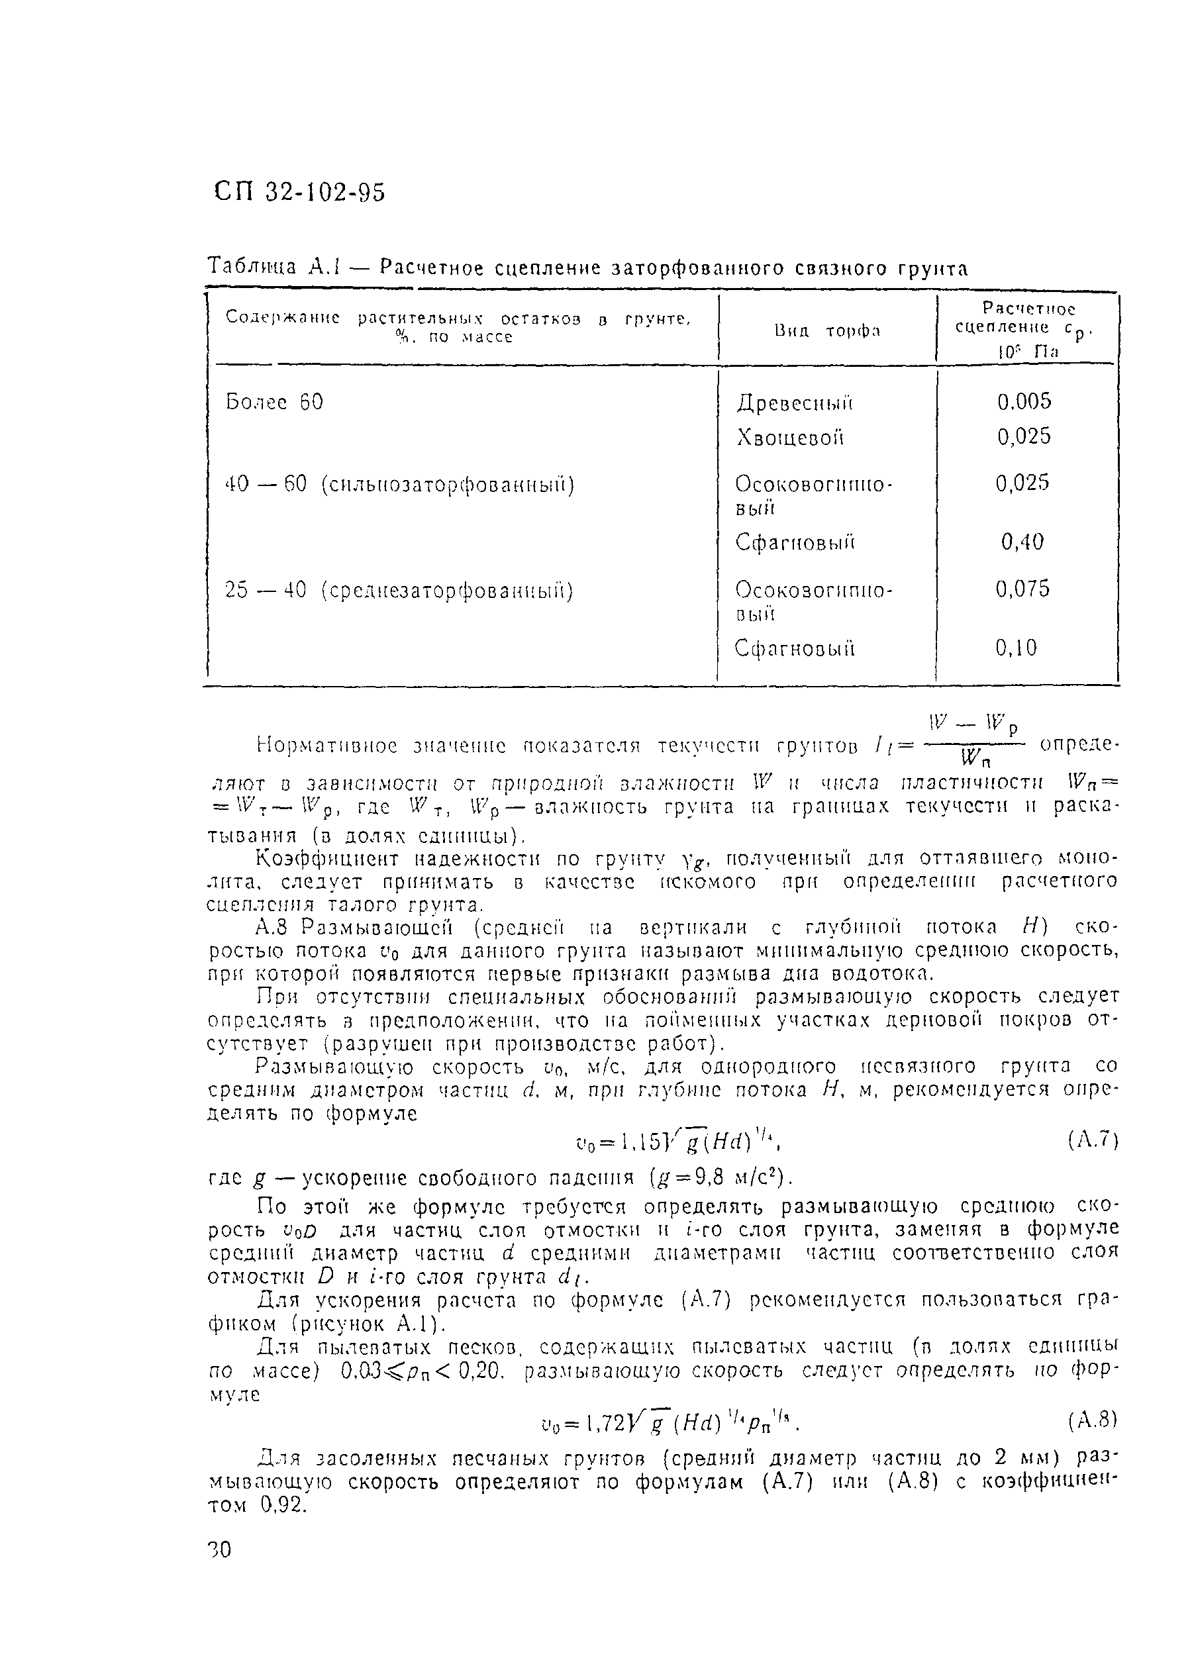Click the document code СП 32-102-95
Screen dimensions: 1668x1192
click(x=300, y=192)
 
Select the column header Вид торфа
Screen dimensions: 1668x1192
click(x=826, y=331)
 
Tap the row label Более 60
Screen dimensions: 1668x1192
click(x=273, y=402)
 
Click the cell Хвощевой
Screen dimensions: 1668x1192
click(x=790, y=438)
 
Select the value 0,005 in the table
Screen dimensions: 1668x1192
click(x=1024, y=401)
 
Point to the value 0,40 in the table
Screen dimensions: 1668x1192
click(x=1022, y=542)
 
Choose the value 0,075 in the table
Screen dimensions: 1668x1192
click(x=1022, y=589)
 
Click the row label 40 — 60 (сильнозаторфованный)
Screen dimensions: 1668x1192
click(x=399, y=485)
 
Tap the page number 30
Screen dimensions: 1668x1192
click(x=219, y=1549)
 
